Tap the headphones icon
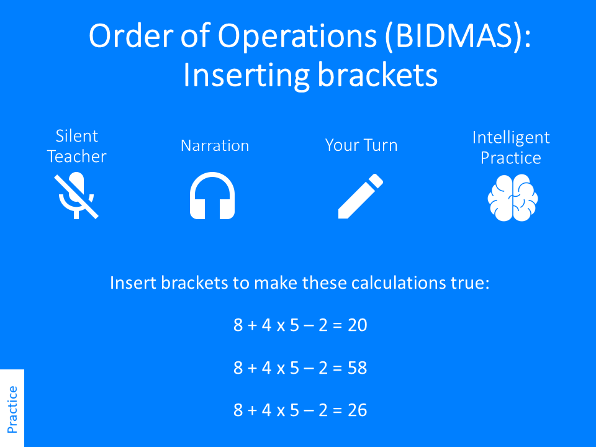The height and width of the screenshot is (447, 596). (212, 196)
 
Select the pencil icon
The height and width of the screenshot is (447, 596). (360, 196)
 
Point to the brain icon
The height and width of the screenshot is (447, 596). (512, 197)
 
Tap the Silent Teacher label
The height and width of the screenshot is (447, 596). (77, 147)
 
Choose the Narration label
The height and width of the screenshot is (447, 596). (215, 146)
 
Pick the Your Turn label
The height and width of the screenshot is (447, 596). (361, 146)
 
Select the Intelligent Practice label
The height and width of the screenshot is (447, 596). (511, 147)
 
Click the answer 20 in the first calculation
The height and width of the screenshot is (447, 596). (358, 325)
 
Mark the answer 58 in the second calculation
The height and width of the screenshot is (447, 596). (358, 368)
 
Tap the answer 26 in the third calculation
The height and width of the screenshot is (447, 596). (358, 410)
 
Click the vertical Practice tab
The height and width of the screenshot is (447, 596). (12, 409)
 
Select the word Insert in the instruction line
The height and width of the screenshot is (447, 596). (133, 283)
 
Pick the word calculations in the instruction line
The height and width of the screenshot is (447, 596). (394, 283)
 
